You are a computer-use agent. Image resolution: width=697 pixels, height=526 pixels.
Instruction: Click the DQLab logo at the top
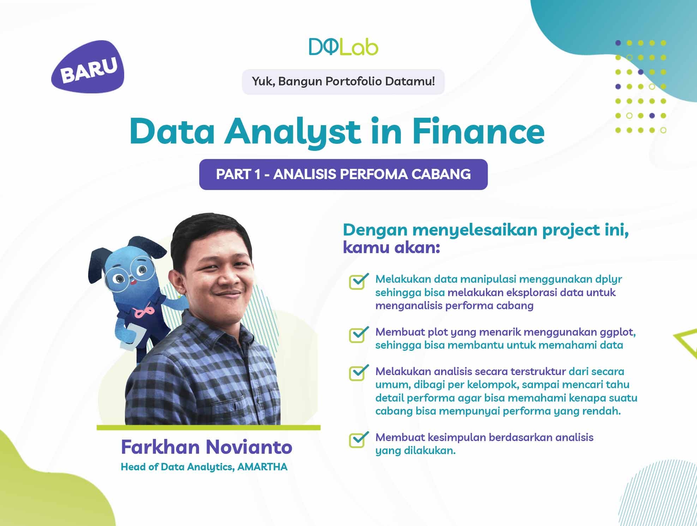click(343, 47)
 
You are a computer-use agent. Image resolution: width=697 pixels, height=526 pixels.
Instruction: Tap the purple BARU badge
click(88, 67)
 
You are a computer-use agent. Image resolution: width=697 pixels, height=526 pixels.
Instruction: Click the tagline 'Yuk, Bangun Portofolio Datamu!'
click(343, 82)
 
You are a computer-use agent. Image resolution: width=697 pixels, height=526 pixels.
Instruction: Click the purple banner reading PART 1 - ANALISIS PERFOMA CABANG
click(343, 175)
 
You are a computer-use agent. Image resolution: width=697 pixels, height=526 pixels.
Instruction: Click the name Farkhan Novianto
click(206, 447)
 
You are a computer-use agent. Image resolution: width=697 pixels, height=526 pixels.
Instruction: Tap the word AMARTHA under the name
click(262, 467)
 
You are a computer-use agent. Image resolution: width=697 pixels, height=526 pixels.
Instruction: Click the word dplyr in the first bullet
click(608, 280)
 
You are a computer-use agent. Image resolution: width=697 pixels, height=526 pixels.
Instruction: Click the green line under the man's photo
click(209, 428)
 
